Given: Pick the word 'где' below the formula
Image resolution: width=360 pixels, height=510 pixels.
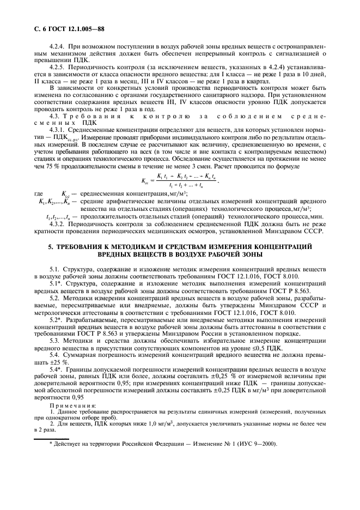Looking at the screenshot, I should (39, 193).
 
